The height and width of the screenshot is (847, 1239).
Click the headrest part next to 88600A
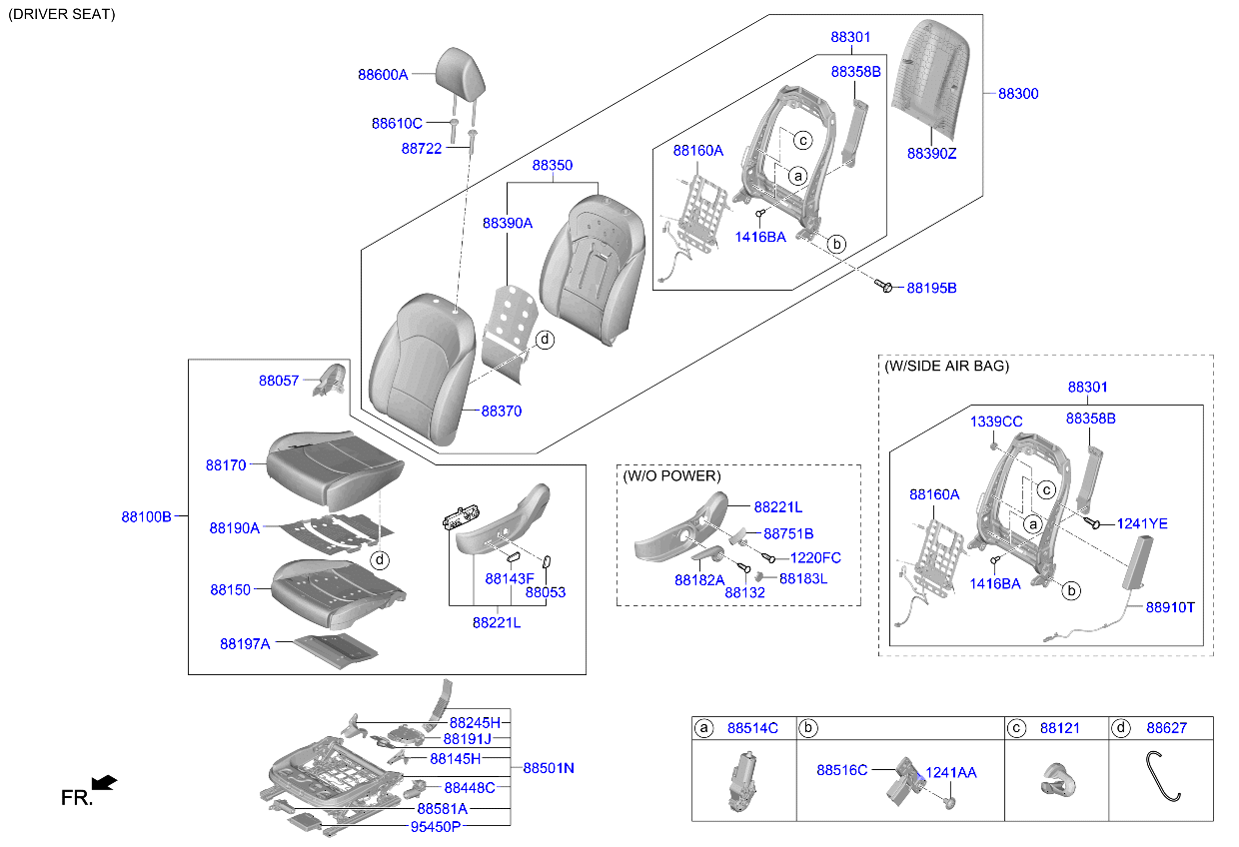tap(461, 75)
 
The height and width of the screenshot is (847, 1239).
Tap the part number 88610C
tap(397, 123)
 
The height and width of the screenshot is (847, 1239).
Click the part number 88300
tap(1018, 94)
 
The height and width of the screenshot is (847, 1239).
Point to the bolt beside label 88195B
tap(883, 286)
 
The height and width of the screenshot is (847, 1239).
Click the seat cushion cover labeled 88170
tap(334, 468)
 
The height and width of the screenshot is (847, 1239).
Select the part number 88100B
tap(146, 516)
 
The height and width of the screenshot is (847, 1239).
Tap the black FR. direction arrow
tap(104, 782)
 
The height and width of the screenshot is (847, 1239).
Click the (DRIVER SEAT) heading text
tap(61, 14)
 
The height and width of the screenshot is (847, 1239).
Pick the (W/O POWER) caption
tap(671, 475)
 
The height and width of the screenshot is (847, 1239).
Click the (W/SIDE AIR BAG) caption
tap(946, 366)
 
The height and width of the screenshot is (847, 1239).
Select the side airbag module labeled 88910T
tap(1137, 562)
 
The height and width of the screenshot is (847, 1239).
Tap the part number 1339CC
tap(996, 422)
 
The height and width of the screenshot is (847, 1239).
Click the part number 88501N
tap(549, 768)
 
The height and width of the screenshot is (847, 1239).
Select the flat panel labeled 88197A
tap(335, 650)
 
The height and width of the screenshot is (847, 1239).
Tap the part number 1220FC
tap(815, 557)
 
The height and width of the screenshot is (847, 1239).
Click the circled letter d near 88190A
tap(380, 560)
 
